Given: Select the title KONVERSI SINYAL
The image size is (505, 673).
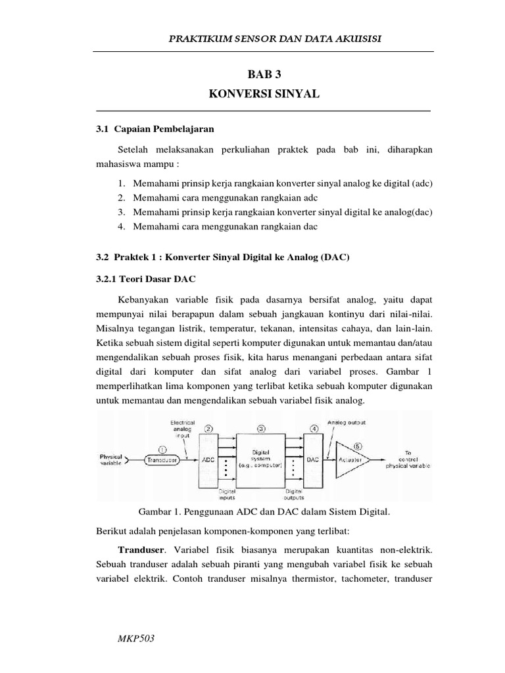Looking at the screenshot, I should coord(263,95).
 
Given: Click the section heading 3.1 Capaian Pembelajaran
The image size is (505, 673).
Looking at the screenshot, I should coord(155,129).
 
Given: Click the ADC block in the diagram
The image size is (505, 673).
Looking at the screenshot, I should coord(208,460).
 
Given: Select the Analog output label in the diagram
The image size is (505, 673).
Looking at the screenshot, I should coord(348,422).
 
